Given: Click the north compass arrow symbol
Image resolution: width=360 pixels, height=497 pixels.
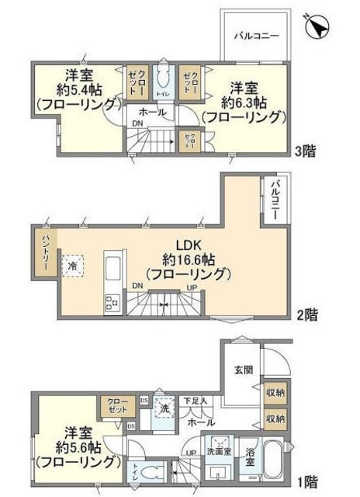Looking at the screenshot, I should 316,29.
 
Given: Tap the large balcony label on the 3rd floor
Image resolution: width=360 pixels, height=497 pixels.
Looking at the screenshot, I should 254,36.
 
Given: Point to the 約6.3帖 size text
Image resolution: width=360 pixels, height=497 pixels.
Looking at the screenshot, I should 241,101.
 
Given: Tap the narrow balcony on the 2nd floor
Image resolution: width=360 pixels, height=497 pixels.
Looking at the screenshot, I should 275,201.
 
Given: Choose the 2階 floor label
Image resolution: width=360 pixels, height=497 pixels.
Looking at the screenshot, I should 306,315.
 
